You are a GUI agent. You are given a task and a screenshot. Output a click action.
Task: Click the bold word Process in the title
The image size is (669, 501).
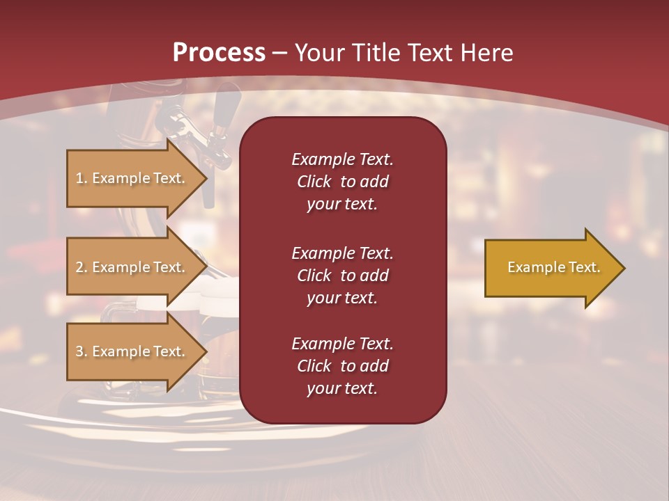click(x=219, y=53)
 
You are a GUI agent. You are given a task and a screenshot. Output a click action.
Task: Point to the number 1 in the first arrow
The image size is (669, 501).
click(x=79, y=178)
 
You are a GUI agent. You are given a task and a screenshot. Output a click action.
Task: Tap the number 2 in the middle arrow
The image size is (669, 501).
click(x=79, y=267)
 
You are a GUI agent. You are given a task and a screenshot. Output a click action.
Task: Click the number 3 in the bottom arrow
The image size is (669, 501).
click(x=79, y=351)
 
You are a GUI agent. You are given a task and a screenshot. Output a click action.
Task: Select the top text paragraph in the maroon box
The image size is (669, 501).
click(x=342, y=182)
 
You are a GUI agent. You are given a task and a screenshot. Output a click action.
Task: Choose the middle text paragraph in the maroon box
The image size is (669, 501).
click(x=342, y=276)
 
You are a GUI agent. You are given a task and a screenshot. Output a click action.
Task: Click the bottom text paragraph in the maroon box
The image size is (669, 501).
click(x=342, y=366)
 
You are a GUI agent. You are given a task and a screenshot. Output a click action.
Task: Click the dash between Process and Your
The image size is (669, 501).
click(x=279, y=54)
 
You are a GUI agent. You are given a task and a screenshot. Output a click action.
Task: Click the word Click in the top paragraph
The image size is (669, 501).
click(x=314, y=182)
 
